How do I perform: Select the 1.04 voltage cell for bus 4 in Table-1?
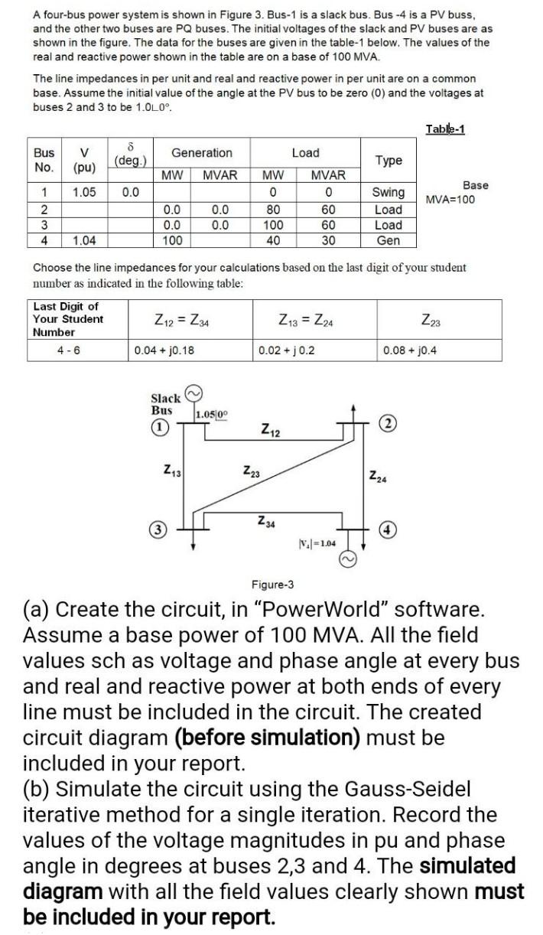tap(85, 240)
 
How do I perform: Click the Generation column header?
tap(202, 153)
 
